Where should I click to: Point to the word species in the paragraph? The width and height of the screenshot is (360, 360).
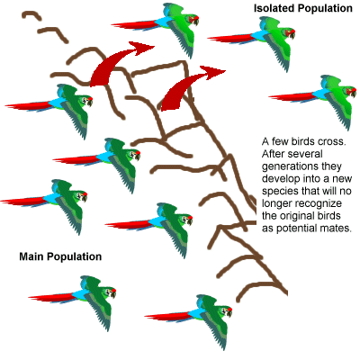point(280,192)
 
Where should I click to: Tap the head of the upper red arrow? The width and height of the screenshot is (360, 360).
point(141,48)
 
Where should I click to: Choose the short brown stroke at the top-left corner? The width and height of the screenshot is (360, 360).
point(31,15)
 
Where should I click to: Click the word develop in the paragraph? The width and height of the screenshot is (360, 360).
point(281,179)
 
